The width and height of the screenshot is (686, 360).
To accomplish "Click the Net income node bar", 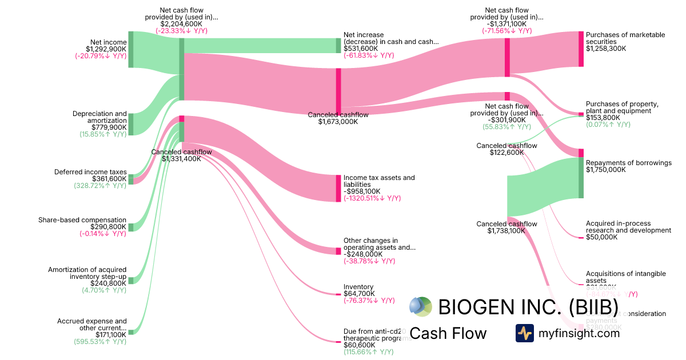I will pos(130,50).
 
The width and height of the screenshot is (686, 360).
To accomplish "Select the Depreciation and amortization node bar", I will pos(130,124).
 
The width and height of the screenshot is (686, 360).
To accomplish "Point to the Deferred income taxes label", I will pos(90,171).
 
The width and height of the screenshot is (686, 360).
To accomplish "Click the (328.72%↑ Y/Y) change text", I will pos(100,186).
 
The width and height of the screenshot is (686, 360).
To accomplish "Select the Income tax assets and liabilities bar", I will pos(338,188).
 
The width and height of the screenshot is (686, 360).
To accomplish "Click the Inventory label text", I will pos(358,287).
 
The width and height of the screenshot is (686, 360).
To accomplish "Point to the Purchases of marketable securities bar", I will pos(581,49).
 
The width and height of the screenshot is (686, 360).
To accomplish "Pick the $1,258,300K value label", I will pos(606,49).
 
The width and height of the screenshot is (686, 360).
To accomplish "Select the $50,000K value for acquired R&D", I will pos(601,237).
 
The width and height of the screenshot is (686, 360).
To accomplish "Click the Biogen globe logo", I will pos(421,307).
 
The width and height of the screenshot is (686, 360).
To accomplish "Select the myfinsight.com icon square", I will pos(524,333).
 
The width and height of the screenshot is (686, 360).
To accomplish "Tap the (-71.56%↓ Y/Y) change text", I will pos(506,31).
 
